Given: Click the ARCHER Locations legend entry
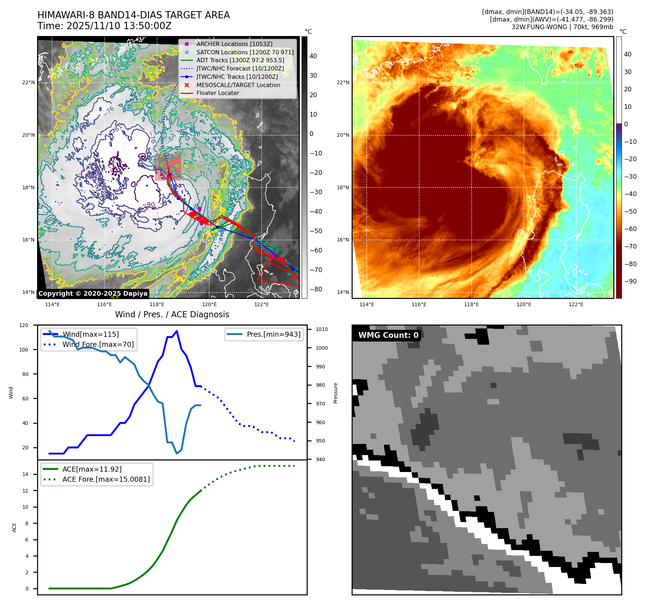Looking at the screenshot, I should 234,44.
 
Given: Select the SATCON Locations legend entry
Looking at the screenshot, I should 245,52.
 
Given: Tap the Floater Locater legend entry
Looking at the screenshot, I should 217,93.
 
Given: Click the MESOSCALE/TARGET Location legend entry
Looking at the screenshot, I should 238,85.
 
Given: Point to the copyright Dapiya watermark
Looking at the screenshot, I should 93,294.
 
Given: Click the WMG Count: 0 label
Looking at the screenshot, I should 388,335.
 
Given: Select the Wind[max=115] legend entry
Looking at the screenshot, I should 91,334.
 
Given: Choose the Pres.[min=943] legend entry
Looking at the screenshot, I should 273,334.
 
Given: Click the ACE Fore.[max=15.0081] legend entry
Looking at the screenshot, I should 106,479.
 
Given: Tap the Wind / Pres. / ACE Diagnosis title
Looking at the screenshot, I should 172,314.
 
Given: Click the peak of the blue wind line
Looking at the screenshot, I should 177,331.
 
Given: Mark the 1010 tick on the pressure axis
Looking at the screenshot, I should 321,329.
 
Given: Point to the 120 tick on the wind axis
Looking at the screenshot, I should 24,325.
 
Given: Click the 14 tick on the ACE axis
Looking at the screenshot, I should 25,474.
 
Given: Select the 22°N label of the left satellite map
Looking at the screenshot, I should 28,82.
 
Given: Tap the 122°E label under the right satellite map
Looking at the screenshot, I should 576,304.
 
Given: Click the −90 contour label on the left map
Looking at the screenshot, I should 148,205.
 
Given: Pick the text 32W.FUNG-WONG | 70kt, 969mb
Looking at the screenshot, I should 562,27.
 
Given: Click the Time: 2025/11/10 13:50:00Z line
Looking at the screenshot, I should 104,26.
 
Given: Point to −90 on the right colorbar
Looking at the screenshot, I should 630,281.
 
